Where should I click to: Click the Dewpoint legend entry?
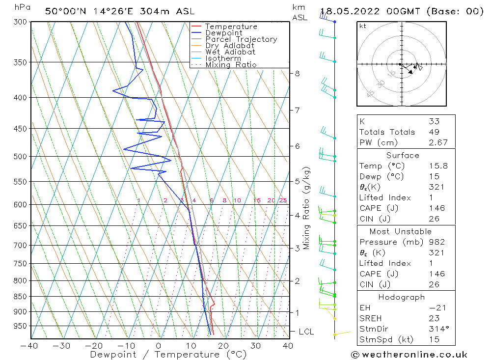tap(223, 33)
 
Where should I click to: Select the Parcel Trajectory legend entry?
tap(241, 39)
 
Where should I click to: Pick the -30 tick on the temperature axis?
tap(62, 346)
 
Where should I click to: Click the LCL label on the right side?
tap(306, 332)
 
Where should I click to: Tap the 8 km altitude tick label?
tap(297, 74)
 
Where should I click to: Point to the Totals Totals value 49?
tap(434, 132)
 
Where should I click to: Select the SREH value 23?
tap(434, 318)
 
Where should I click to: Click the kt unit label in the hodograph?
tap(363, 26)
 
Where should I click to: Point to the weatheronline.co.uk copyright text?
tap(409, 354)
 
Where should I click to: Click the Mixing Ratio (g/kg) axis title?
tap(307, 208)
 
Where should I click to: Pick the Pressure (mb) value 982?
tap(436, 242)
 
